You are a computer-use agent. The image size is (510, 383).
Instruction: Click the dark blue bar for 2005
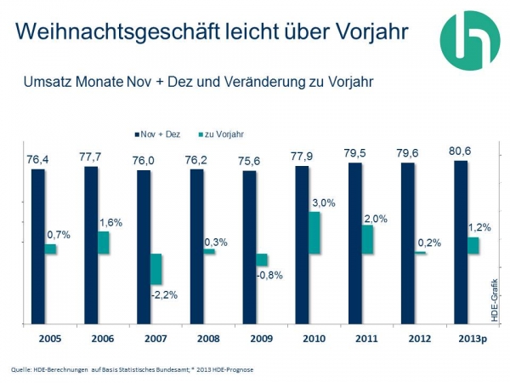point(37,246)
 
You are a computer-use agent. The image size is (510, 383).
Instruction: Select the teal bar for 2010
point(314,232)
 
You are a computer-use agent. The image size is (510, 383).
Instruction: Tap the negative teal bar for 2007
point(156,269)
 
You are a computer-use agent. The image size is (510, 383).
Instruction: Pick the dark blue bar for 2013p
point(461,242)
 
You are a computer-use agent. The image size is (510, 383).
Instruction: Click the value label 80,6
point(461,151)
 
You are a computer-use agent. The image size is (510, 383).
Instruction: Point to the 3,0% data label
point(324,203)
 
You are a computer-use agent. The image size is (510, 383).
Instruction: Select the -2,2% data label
point(163,294)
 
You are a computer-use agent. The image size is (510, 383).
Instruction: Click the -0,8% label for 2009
point(269,275)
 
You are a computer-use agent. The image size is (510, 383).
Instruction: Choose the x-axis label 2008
point(196,340)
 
